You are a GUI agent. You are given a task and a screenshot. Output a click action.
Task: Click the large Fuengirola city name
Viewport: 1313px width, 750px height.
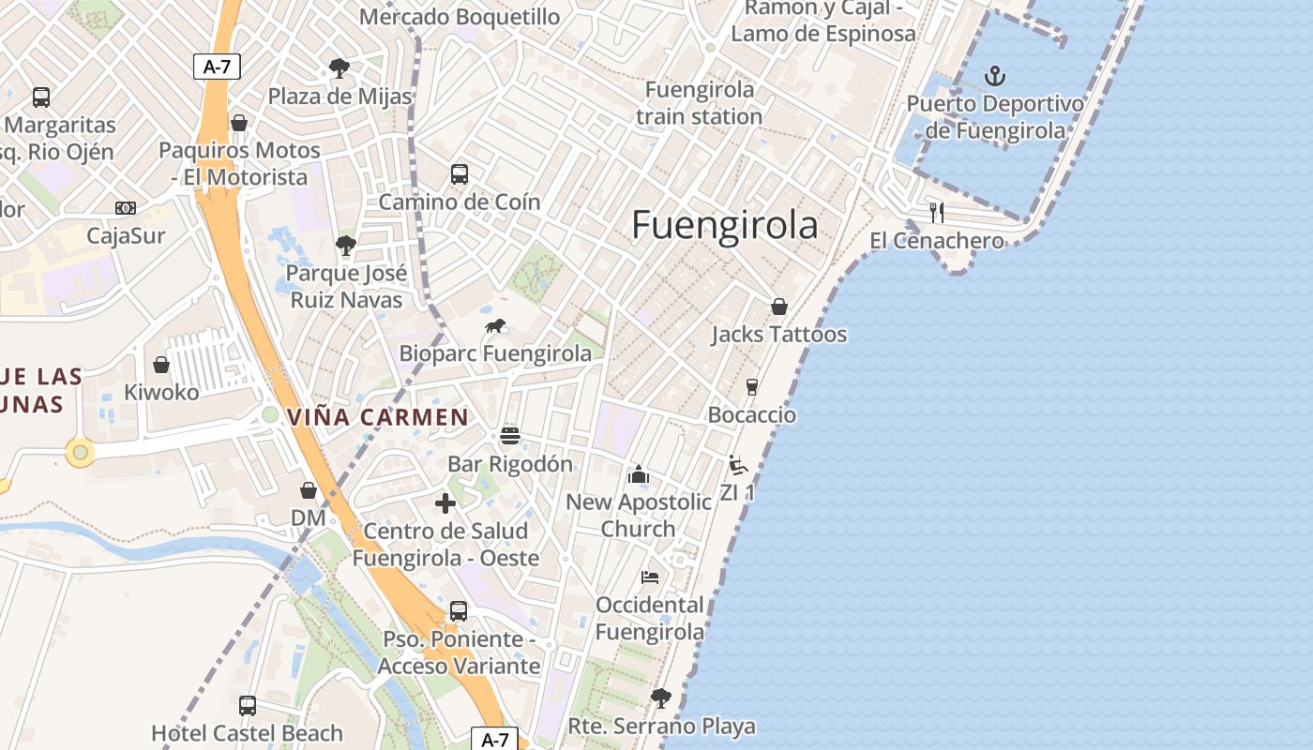tap(724, 226)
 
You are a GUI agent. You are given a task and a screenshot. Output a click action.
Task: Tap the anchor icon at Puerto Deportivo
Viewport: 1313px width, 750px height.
tap(994, 76)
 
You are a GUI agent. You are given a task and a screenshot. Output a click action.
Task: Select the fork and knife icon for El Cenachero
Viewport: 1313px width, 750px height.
tap(936, 212)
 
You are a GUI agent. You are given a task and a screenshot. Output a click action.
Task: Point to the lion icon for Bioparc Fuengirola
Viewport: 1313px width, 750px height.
tap(495, 326)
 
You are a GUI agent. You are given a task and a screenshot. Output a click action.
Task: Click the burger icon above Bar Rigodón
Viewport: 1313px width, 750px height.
tap(510, 436)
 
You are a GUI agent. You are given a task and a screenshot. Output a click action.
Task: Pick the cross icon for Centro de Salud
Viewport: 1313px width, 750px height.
tap(445, 503)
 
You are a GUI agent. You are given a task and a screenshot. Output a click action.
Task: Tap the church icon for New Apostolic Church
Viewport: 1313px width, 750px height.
tap(639, 474)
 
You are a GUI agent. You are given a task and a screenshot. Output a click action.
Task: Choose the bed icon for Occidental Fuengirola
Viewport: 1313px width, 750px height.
tap(649, 577)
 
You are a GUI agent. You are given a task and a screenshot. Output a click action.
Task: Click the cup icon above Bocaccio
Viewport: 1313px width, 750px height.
tap(751, 386)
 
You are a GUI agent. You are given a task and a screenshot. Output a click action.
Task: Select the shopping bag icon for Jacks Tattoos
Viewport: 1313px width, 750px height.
tap(778, 307)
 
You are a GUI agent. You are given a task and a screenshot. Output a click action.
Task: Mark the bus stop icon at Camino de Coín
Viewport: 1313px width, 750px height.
tap(459, 173)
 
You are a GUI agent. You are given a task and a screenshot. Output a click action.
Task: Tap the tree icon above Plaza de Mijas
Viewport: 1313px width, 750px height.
tap(339, 68)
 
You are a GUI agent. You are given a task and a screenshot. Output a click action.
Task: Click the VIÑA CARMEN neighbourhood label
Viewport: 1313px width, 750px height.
tap(377, 417)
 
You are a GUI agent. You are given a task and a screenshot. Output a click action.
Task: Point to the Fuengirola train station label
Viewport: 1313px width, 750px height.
tap(699, 103)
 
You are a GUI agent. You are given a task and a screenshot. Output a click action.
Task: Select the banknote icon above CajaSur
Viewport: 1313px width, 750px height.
tap(125, 208)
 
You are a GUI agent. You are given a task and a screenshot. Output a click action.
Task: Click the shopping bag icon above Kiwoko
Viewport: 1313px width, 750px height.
tap(161, 365)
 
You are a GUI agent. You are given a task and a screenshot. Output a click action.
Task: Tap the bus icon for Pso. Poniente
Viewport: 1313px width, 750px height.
tap(458, 611)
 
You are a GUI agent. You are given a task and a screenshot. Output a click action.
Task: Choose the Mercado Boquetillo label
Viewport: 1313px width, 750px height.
tap(460, 17)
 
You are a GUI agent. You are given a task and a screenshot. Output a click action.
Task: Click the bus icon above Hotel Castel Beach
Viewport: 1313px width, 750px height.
tap(248, 705)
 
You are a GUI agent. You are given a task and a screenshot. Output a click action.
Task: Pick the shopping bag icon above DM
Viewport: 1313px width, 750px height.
tap(308, 490)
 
